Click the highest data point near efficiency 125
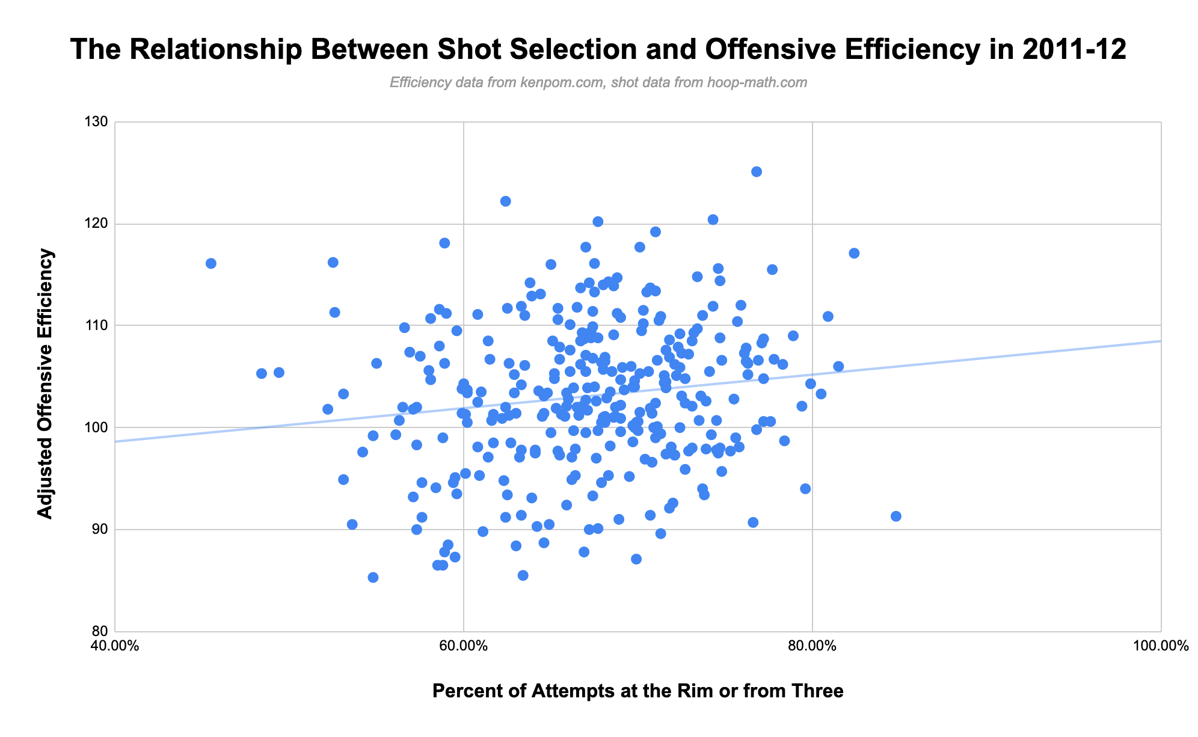pos(757,172)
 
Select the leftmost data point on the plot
pos(211,263)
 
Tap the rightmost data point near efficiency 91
pos(896,516)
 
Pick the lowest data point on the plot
pos(373,578)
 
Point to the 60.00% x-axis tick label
pos(464,647)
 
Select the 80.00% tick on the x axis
pos(812,647)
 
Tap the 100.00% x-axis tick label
pos(1161,647)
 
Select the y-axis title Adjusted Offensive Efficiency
pos(45,383)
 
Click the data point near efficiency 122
pos(505,201)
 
